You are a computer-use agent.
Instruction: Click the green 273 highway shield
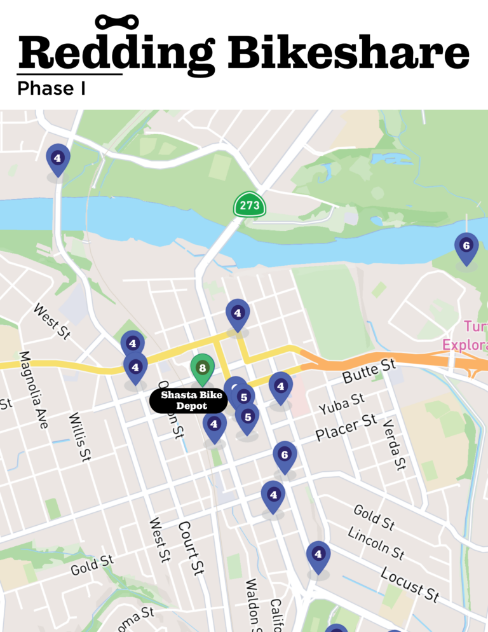(x=250, y=205)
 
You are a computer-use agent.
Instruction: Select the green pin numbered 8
(x=202, y=369)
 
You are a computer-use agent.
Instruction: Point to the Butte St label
(x=369, y=371)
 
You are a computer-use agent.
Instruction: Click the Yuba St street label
(x=342, y=402)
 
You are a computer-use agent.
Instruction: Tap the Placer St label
(x=346, y=428)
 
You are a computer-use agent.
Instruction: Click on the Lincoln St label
(x=376, y=542)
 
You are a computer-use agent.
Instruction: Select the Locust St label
(x=410, y=583)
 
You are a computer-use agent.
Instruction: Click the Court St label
(x=190, y=547)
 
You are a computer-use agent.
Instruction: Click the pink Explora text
(x=464, y=345)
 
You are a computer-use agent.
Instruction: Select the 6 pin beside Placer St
(x=285, y=456)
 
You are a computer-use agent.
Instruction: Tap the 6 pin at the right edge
(x=466, y=247)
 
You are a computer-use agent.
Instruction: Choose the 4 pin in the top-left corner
(x=58, y=158)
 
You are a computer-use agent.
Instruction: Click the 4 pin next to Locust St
(x=318, y=555)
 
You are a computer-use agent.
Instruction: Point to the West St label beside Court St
(x=160, y=539)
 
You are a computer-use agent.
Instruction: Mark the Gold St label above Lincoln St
(x=374, y=517)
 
